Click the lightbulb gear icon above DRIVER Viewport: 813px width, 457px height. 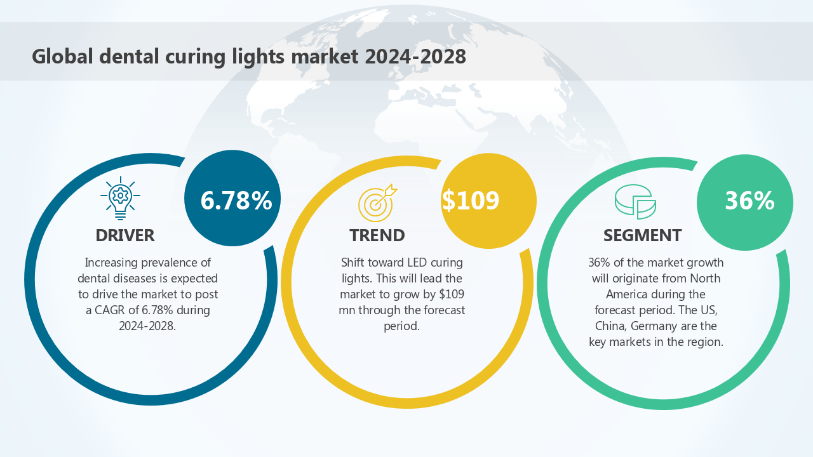[x=120, y=199]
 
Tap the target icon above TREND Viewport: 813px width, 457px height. [x=377, y=202]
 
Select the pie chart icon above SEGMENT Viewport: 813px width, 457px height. [x=635, y=202]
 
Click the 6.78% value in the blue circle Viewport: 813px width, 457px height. [x=236, y=201]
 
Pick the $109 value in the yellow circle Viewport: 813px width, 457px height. [x=471, y=201]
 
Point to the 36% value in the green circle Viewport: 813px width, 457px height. [x=749, y=201]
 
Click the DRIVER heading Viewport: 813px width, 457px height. [x=125, y=235]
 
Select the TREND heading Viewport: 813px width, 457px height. [x=377, y=235]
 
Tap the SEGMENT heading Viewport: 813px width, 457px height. [x=642, y=235]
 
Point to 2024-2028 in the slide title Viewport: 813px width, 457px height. [x=415, y=56]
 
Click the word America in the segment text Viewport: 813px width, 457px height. [x=628, y=295]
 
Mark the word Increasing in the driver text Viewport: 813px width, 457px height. [x=112, y=263]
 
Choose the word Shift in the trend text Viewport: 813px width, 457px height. [x=354, y=263]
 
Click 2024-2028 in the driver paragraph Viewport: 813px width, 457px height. [x=147, y=326]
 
